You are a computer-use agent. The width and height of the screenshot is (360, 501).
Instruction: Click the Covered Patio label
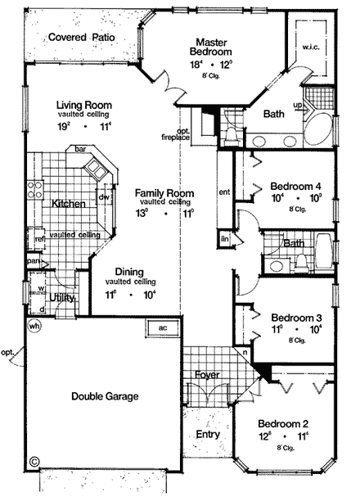(x=81, y=37)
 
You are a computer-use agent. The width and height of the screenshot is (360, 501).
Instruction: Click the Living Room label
(x=84, y=106)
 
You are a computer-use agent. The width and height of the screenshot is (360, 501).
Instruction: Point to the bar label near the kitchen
(x=80, y=151)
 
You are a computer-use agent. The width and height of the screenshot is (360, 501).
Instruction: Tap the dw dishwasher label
(x=104, y=196)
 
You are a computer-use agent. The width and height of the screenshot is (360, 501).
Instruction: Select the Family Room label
(x=164, y=193)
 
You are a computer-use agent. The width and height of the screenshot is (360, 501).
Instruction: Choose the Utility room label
(x=61, y=298)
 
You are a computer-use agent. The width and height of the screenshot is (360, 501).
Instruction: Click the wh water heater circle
(x=34, y=325)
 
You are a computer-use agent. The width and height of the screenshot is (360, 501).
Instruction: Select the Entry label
(x=208, y=435)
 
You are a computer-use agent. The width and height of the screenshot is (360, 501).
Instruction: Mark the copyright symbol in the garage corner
(x=34, y=461)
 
